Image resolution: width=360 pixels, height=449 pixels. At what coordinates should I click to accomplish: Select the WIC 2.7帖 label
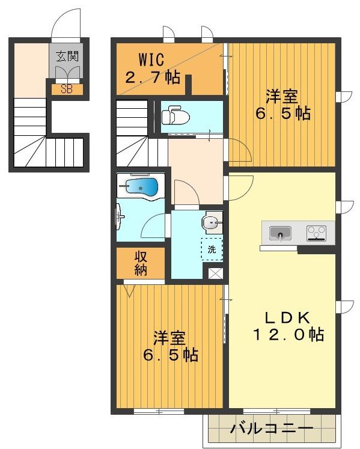pyautogui.click(x=152, y=69)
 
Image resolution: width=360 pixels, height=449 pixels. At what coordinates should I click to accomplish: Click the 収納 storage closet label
pyautogui.click(x=141, y=262)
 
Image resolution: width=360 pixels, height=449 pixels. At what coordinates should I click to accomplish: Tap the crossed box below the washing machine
pyautogui.click(x=215, y=273)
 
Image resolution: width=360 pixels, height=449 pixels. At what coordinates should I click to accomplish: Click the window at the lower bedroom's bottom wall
pyautogui.click(x=159, y=412)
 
